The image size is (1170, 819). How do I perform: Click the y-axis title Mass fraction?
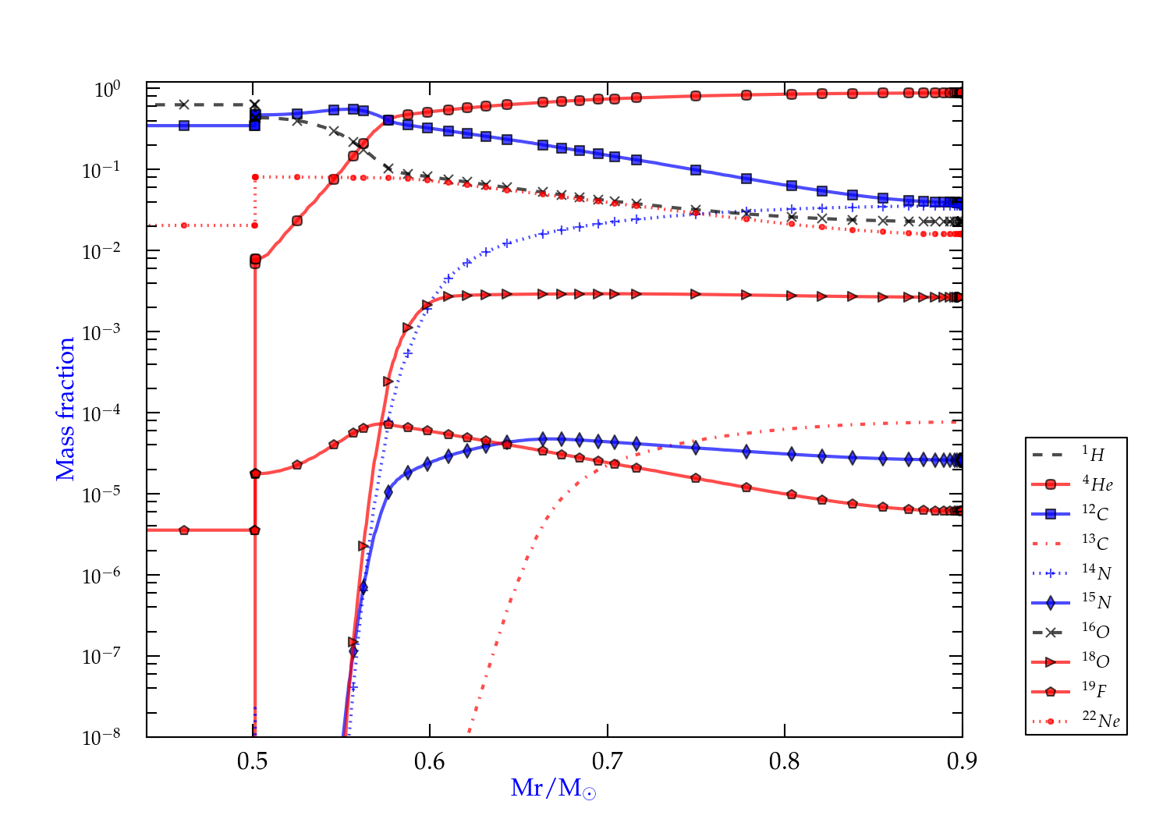(66, 409)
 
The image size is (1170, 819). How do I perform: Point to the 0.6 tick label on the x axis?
(430, 761)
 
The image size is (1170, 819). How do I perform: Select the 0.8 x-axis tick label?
(785, 761)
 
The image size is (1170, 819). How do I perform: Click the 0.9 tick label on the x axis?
(962, 761)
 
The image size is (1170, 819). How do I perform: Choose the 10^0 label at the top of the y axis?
(107, 89)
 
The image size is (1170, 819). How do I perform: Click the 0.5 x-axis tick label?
(252, 761)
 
